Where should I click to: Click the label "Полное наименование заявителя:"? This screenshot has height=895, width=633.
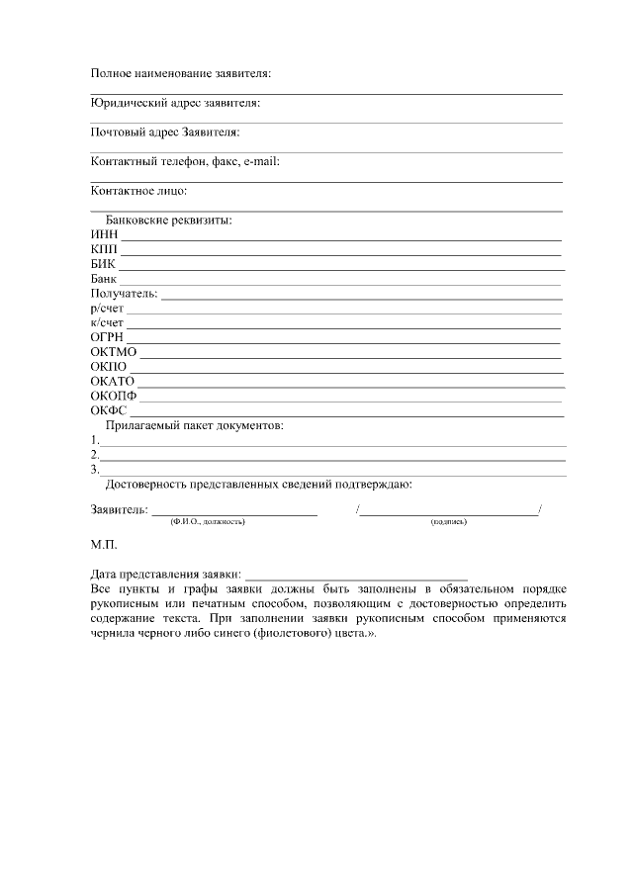tap(180, 73)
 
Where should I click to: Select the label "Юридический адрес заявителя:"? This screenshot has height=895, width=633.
tap(175, 102)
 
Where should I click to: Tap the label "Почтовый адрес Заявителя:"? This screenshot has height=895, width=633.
tap(165, 132)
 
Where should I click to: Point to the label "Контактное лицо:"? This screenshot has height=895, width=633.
tap(138, 190)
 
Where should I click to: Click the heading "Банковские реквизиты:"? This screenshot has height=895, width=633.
tap(168, 220)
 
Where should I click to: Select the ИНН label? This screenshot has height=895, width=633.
tap(104, 234)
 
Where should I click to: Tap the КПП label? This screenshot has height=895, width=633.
tap(104, 249)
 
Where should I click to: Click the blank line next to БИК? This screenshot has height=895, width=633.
tap(341, 267)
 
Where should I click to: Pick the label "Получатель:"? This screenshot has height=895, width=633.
tap(124, 294)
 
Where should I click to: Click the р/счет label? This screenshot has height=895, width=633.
tap(107, 309)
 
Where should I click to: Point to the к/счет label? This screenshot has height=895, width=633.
tap(107, 323)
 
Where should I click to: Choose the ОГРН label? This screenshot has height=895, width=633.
tap(106, 338)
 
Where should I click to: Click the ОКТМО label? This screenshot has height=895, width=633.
tap(113, 353)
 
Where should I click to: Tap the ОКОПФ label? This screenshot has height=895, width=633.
tap(113, 397)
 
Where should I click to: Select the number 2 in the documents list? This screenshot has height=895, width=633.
tap(94, 455)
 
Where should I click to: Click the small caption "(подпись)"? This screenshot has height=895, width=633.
tap(448, 521)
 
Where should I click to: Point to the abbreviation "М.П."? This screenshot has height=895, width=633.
tap(104, 545)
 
